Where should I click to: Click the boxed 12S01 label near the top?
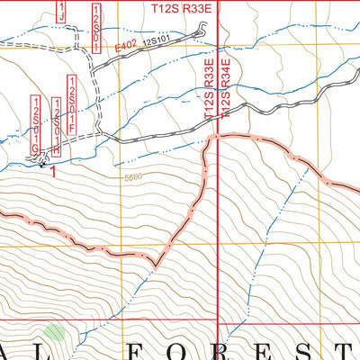click(95, 22)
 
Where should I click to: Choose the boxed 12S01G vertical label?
click(37, 123)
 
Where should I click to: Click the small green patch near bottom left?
click(55, 333)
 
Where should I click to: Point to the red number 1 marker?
click(55, 171)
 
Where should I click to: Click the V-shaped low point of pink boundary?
click(155, 267)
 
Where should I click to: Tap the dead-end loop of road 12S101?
click(198, 33)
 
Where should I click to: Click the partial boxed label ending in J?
click(61, 11)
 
